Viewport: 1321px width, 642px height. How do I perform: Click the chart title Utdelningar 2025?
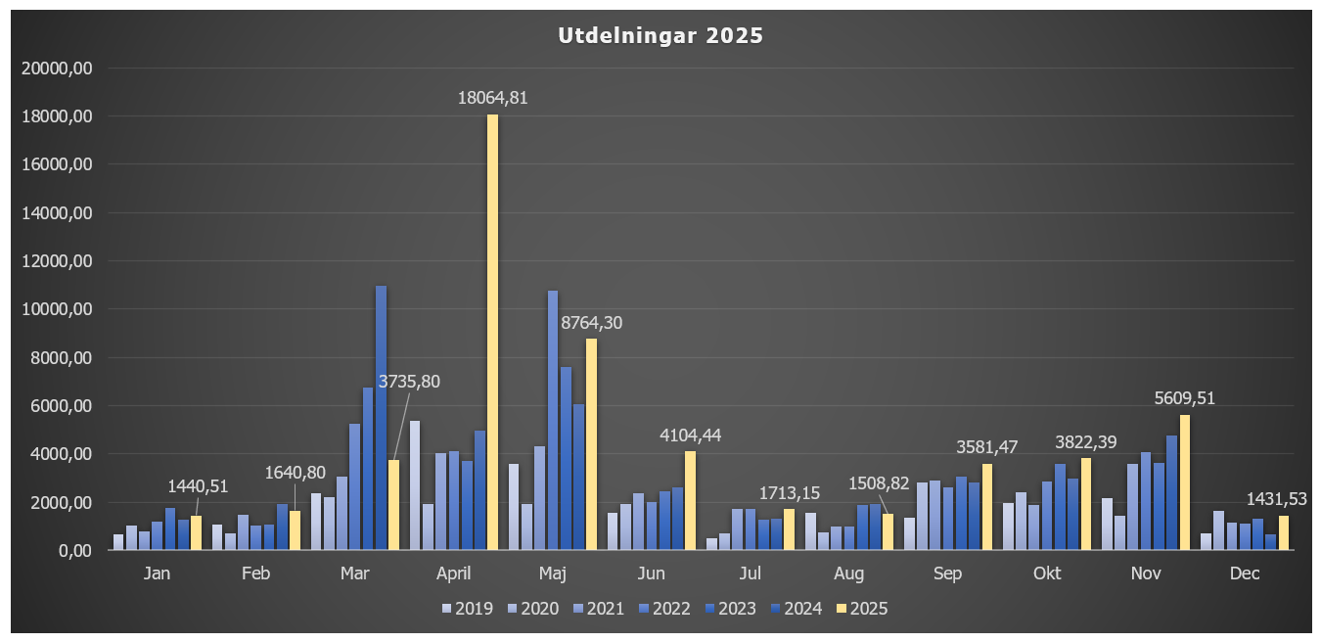point(660,36)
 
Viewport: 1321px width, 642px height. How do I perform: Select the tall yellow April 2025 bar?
point(492,333)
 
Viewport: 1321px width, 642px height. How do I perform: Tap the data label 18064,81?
point(493,97)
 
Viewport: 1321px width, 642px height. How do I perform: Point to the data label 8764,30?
point(591,322)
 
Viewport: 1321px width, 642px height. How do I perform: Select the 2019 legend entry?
point(468,609)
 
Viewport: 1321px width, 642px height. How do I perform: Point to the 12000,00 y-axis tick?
point(58,261)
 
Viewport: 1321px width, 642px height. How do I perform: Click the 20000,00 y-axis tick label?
point(58,69)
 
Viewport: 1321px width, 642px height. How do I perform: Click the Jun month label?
point(651,573)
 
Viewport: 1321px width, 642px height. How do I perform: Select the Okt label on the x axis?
point(1047,573)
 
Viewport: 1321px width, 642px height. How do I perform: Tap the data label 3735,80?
point(409,382)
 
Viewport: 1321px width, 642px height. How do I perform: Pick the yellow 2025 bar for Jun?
point(690,500)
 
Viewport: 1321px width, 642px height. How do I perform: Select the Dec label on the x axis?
point(1245,573)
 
